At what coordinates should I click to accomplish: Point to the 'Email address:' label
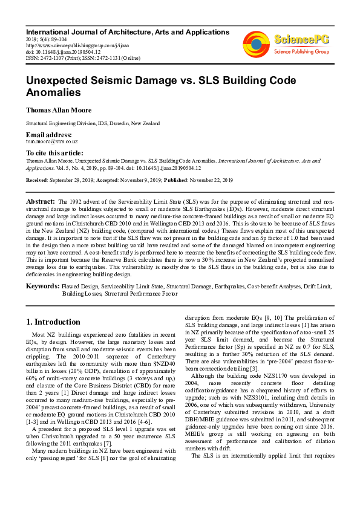click(x=48, y=134)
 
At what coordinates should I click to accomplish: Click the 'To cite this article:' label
click(x=54, y=154)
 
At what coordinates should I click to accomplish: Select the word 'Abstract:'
click(x=41, y=200)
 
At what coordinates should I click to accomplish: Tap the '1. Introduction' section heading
click(x=53, y=322)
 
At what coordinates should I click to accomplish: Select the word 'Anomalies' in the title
click(x=53, y=92)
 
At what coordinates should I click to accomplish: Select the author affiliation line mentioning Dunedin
click(x=93, y=123)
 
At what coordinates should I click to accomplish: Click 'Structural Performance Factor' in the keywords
click(x=141, y=293)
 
